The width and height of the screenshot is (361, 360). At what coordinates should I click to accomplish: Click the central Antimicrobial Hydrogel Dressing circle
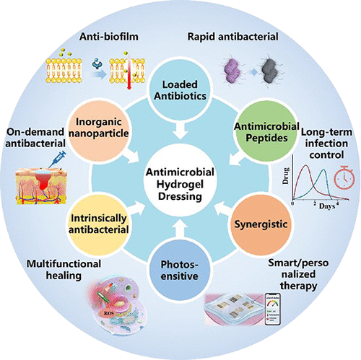click(180, 180)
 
